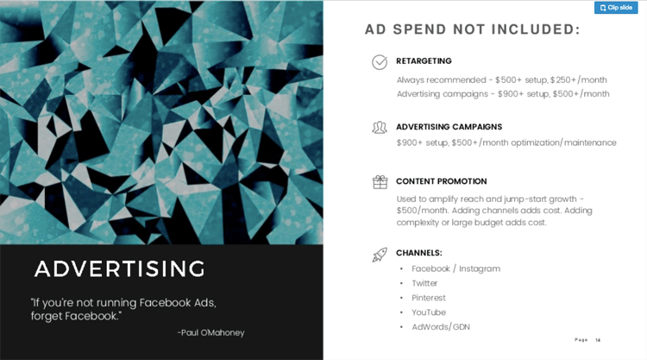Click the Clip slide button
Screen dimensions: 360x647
click(x=616, y=8)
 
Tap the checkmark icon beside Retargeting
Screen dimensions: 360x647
click(x=380, y=62)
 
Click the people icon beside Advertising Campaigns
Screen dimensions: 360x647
click(x=380, y=128)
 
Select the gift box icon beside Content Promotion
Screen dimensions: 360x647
click(x=380, y=182)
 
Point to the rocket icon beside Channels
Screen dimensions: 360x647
click(x=380, y=254)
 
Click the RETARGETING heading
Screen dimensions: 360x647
click(x=424, y=61)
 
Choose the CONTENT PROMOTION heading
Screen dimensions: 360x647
click(x=441, y=181)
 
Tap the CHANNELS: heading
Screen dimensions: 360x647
click(x=418, y=253)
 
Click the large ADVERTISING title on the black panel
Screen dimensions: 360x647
click(x=120, y=268)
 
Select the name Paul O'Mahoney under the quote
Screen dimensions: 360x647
click(x=217, y=332)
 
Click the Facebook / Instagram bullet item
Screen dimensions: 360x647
click(x=455, y=268)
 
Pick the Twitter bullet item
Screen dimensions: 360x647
click(x=424, y=283)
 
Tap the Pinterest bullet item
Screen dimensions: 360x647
click(x=429, y=298)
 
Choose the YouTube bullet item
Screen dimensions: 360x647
click(x=429, y=313)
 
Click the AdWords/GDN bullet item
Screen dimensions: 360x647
click(x=441, y=327)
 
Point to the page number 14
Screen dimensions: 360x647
click(x=598, y=340)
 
